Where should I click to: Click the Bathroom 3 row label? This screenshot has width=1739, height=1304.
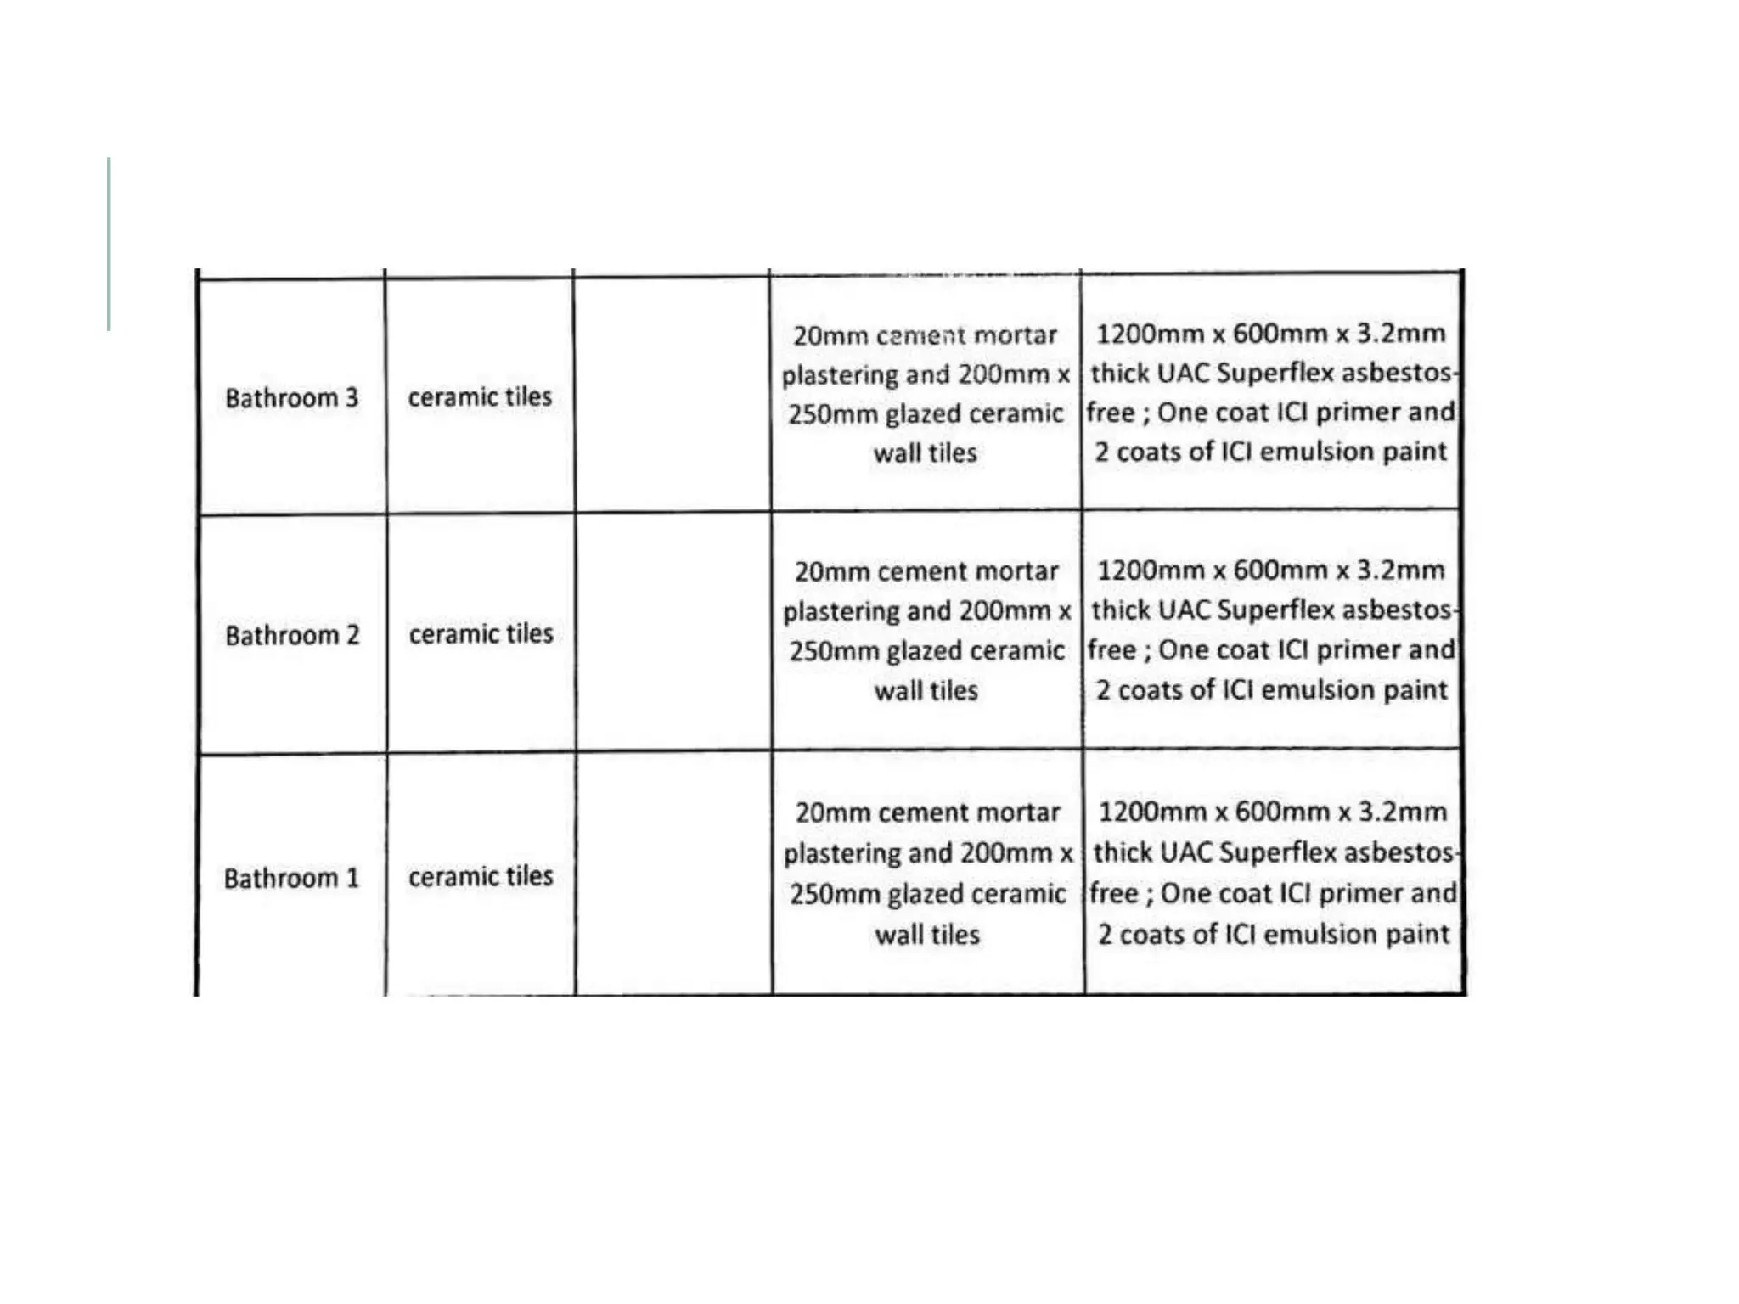(x=291, y=397)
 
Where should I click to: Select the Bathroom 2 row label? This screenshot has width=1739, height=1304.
(x=292, y=635)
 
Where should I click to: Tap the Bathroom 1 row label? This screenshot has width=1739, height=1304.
(x=291, y=878)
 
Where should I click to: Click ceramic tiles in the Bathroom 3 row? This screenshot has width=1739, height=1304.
(x=480, y=396)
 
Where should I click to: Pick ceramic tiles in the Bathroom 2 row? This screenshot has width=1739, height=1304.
(x=481, y=633)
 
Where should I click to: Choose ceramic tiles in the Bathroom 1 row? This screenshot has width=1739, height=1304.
(x=481, y=876)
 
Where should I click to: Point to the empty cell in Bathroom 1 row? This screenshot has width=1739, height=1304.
(x=673, y=874)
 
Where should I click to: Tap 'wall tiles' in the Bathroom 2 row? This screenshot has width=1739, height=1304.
(x=926, y=690)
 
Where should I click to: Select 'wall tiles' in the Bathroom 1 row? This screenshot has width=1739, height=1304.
(x=927, y=935)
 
